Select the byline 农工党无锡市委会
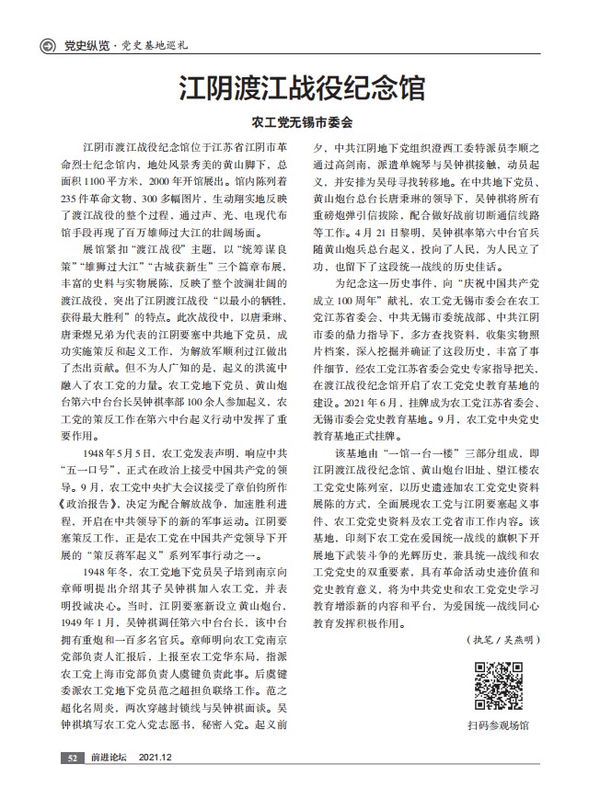point(301,120)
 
